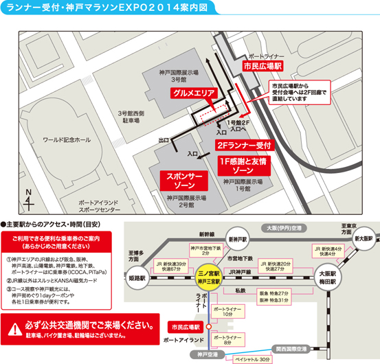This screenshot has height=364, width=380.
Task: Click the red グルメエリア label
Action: point(195,93)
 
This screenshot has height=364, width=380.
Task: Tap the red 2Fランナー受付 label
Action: point(245,146)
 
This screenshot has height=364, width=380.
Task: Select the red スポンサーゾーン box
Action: point(184,181)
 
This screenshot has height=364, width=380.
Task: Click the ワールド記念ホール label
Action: point(67,140)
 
